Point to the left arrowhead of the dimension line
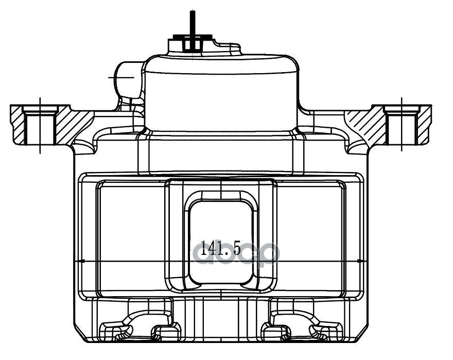pyautogui.click(x=79, y=261)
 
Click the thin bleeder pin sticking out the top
pyautogui.click(x=192, y=21)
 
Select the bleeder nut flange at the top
pyautogui.click(x=193, y=37)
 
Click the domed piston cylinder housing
pyautogui.click(x=221, y=93)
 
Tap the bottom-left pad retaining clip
pyautogui.click(x=139, y=327)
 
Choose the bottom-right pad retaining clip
pyautogui.click(x=301, y=327)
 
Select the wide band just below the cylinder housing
pyautogui.click(x=220, y=155)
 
